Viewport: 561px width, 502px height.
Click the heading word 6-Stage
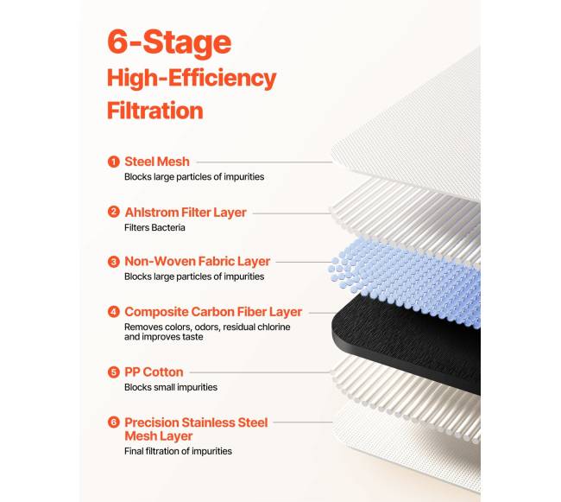click(x=169, y=42)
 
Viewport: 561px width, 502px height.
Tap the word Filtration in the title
click(x=154, y=111)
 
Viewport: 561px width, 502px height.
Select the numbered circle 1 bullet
click(x=113, y=162)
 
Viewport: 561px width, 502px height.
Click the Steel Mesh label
click(x=157, y=162)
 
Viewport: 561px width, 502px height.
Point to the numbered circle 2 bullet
click(x=113, y=212)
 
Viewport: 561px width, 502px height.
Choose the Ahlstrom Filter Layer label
click(x=186, y=213)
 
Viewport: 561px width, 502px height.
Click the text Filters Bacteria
click(x=154, y=228)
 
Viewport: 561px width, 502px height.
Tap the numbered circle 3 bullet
click(x=113, y=262)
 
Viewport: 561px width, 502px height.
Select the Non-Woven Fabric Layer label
click(x=197, y=262)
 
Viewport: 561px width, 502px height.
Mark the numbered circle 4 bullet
click(x=113, y=312)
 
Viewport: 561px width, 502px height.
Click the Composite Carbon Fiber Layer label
click(x=213, y=312)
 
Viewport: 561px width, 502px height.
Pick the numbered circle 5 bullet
click(x=113, y=372)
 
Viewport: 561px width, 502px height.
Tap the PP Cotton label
click(x=154, y=372)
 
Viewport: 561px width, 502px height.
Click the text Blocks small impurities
click(x=171, y=387)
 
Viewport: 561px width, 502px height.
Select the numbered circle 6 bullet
click(x=113, y=423)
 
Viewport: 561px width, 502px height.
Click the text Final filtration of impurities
click(x=178, y=451)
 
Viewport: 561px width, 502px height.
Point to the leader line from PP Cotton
click(x=261, y=372)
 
